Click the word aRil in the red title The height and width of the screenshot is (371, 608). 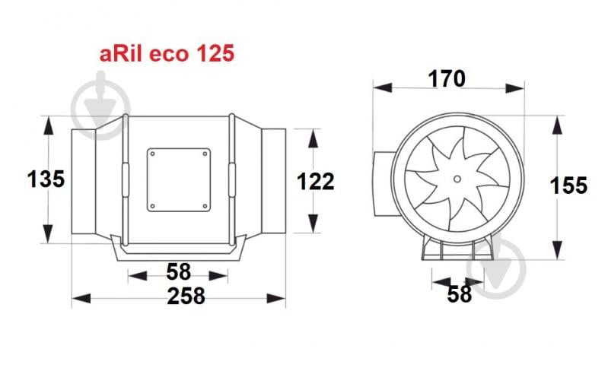tap(121, 55)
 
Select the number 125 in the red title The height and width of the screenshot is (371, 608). tap(211, 55)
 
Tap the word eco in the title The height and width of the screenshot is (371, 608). tap(166, 55)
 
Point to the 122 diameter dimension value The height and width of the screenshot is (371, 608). tap(314, 182)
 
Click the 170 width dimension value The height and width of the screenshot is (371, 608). tap(445, 78)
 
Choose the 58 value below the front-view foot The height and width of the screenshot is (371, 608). tap(459, 293)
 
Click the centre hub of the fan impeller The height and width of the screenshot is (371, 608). tap(457, 179)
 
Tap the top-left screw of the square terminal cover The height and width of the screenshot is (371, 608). tap(152, 153)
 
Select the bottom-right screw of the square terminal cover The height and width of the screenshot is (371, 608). tap(205, 205)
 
